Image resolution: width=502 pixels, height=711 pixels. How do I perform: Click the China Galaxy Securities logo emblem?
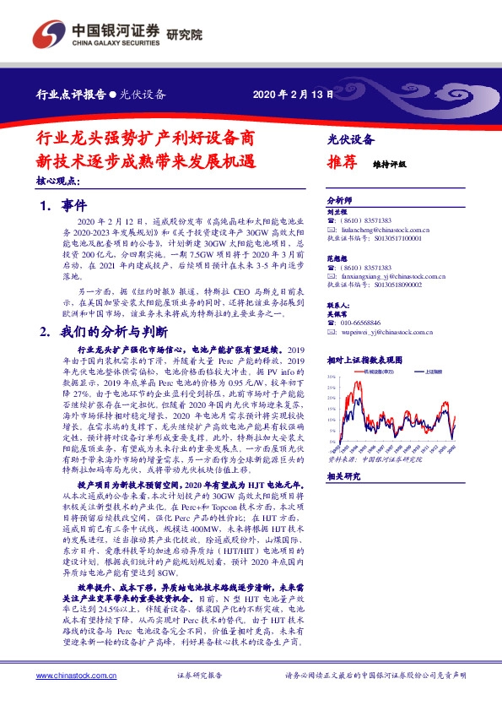coord(50,34)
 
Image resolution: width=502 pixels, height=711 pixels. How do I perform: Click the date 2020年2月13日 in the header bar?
coord(288,95)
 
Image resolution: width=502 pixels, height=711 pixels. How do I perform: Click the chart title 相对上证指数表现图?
coord(363,359)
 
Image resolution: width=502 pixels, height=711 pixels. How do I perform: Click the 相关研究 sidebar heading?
coord(343,476)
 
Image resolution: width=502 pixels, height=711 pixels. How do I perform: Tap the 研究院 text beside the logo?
coord(186,35)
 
